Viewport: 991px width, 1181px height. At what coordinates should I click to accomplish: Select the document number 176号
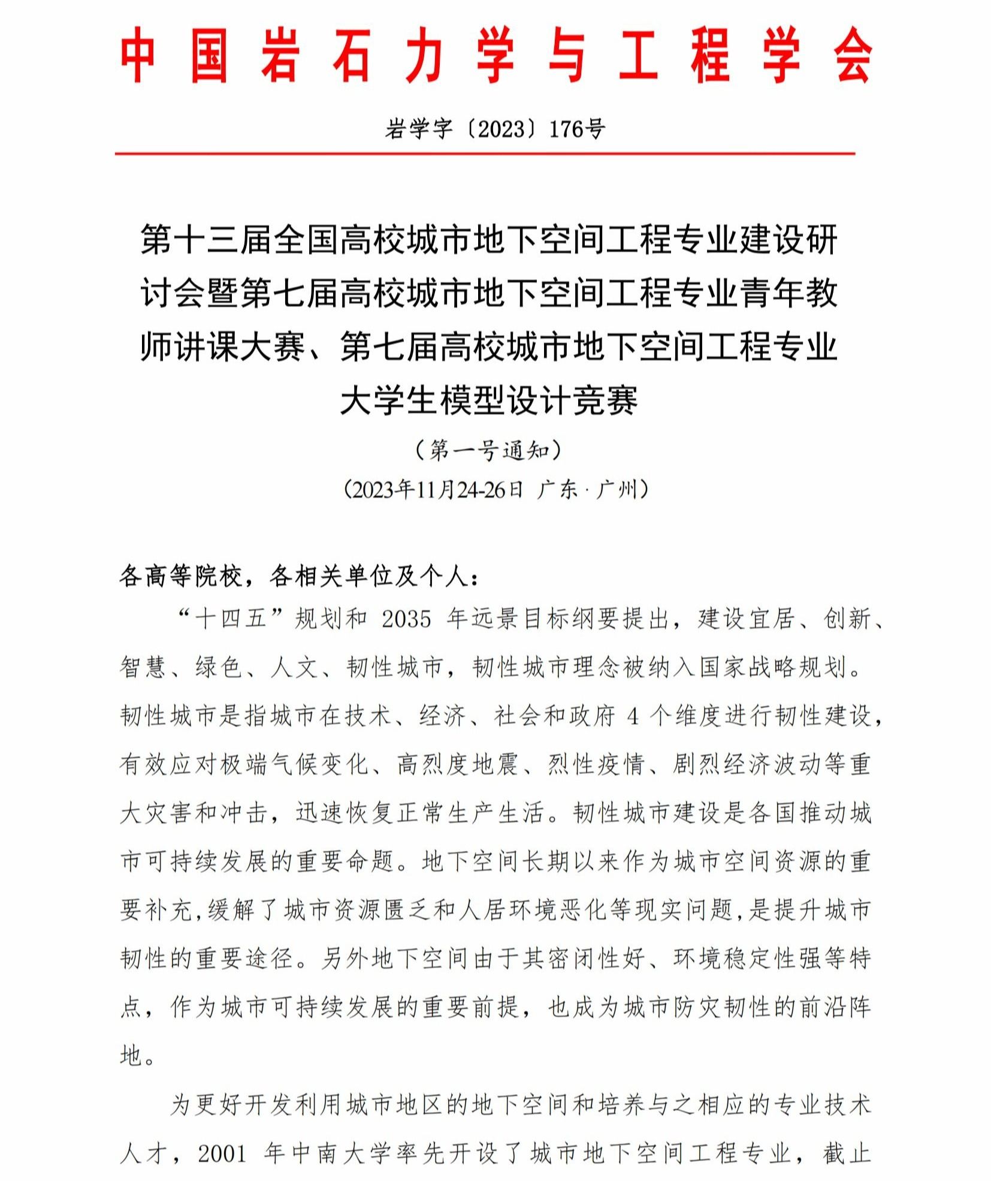point(577,129)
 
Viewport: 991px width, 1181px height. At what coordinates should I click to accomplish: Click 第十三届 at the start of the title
point(207,240)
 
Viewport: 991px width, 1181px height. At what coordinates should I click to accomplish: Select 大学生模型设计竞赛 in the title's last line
point(489,400)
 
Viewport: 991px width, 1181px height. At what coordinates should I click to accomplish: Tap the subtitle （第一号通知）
point(489,450)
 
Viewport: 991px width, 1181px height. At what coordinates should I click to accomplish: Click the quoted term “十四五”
point(231,619)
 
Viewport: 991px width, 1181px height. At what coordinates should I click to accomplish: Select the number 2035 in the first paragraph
point(406,619)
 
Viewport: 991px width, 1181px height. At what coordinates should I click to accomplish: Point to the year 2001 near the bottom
point(222,1153)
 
